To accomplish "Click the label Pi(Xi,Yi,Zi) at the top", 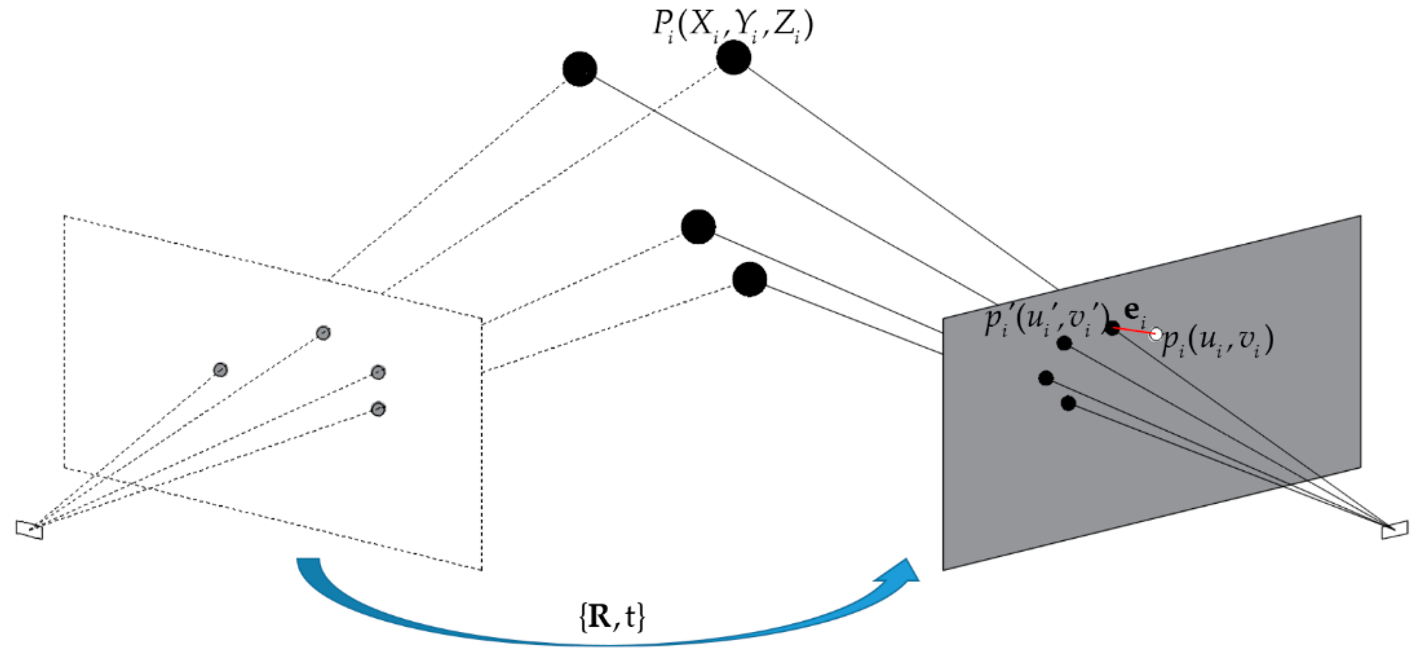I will pyautogui.click(x=733, y=25).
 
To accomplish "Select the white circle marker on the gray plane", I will pyautogui.click(x=1156, y=334).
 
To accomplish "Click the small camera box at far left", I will pyautogui.click(x=29, y=529).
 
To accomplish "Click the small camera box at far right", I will pyautogui.click(x=1394, y=529).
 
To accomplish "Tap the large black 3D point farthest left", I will pyautogui.click(x=580, y=69).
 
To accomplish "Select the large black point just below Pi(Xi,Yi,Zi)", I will pyautogui.click(x=734, y=57).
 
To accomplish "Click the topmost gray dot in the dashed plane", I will pyautogui.click(x=323, y=333).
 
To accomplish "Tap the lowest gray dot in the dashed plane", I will pyautogui.click(x=378, y=409).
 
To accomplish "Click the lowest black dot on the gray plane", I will pyautogui.click(x=1068, y=404).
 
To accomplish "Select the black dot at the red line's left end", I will pyautogui.click(x=1112, y=328).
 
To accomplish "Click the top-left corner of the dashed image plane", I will pyautogui.click(x=64, y=216).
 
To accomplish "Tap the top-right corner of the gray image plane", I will pyautogui.click(x=1360, y=216).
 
